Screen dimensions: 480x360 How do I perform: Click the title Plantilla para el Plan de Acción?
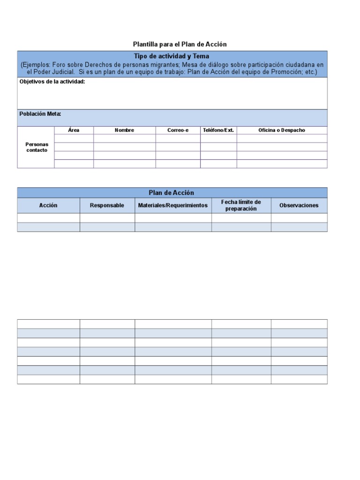point(180,44)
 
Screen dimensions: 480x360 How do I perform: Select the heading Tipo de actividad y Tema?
point(172,56)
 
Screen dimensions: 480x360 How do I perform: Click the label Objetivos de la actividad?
point(52,82)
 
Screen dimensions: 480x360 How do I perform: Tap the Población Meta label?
point(40,114)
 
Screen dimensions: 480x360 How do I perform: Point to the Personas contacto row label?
point(37,147)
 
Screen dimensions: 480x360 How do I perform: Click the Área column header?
point(74,130)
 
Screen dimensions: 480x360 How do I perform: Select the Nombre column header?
point(124,130)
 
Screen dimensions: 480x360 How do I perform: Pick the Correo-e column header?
point(178,130)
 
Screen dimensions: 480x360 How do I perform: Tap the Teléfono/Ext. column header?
point(218,130)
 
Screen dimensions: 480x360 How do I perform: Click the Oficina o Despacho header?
point(282,130)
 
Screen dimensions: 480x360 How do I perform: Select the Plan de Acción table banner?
point(172,193)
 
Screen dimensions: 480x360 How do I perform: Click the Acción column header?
point(48,205)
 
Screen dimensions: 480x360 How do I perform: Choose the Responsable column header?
point(107,205)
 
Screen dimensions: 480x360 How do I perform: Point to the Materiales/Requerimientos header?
point(173,205)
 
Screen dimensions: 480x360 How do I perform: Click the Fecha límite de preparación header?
point(241,205)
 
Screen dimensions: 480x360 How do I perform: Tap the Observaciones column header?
point(299,205)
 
